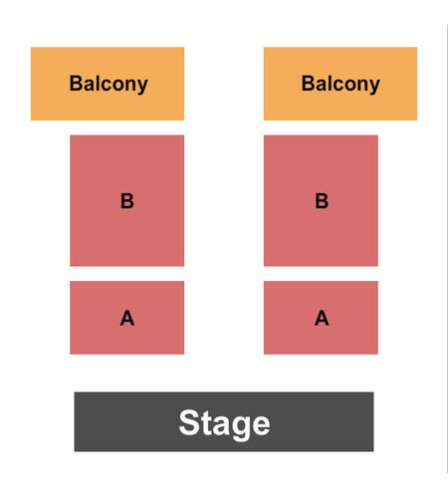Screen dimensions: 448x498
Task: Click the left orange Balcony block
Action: (108, 84)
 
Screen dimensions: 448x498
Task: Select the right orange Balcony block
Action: (340, 84)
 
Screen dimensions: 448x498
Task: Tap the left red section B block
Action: (127, 200)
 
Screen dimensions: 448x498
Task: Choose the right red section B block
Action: (321, 200)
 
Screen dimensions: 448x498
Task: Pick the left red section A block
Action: (127, 318)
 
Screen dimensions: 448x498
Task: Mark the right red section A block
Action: (321, 318)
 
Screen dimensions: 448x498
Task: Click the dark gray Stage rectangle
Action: (224, 421)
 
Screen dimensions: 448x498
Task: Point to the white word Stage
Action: (224, 424)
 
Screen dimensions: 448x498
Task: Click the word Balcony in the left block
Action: (109, 84)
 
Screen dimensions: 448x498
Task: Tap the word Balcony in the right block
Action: (340, 84)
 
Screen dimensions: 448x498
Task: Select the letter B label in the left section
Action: (127, 201)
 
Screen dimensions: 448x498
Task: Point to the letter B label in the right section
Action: (322, 201)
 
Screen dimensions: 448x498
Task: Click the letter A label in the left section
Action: (127, 318)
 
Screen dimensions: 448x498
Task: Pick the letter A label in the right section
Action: (322, 318)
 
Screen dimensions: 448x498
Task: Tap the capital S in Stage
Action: (188, 421)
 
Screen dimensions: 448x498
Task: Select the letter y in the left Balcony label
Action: (142, 88)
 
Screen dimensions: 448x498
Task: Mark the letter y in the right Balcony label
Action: (374, 88)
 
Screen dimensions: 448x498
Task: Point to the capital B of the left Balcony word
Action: (76, 83)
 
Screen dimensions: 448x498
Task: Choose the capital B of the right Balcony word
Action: (308, 83)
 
